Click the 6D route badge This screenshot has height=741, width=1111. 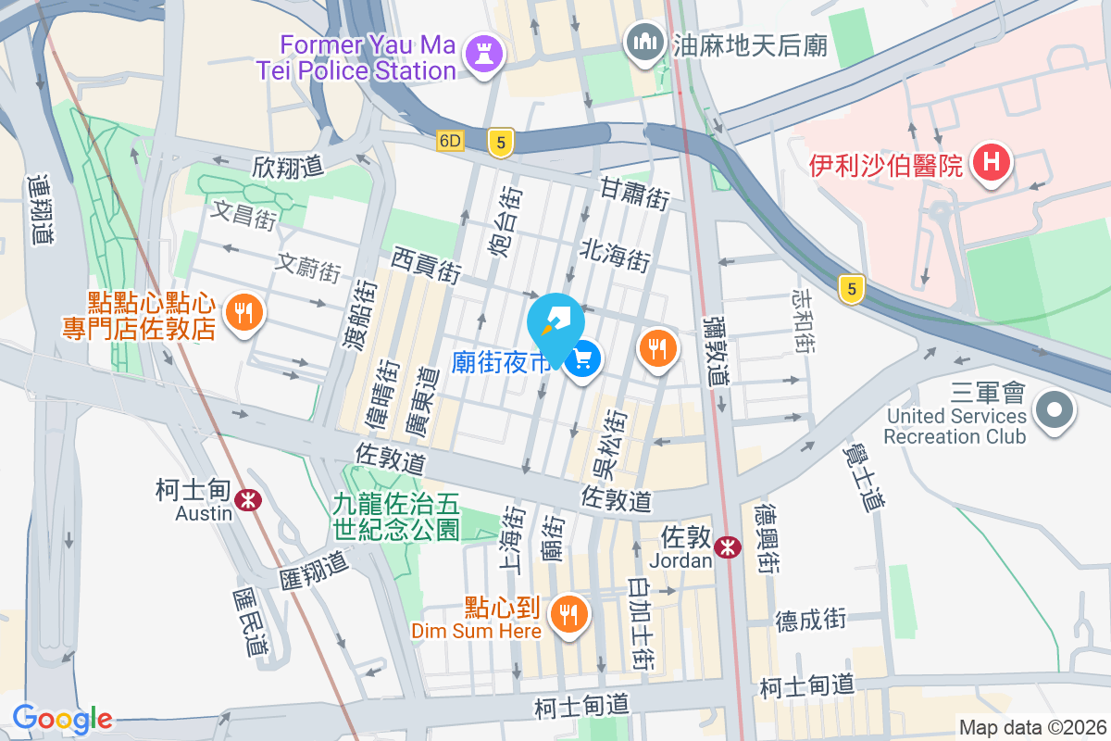click(x=450, y=141)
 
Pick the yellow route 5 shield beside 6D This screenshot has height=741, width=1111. click(x=501, y=142)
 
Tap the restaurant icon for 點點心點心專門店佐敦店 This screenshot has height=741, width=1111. click(x=243, y=313)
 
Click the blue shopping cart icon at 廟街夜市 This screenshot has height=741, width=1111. click(x=583, y=359)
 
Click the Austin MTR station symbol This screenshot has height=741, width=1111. click(x=247, y=500)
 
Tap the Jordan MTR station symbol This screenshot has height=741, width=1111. click(x=728, y=546)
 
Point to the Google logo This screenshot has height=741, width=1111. click(x=62, y=719)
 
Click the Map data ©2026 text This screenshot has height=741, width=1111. click(x=1032, y=727)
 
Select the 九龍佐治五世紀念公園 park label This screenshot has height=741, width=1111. click(x=396, y=517)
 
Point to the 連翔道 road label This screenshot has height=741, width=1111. click(x=40, y=209)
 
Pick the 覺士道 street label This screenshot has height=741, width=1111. click(x=861, y=476)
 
